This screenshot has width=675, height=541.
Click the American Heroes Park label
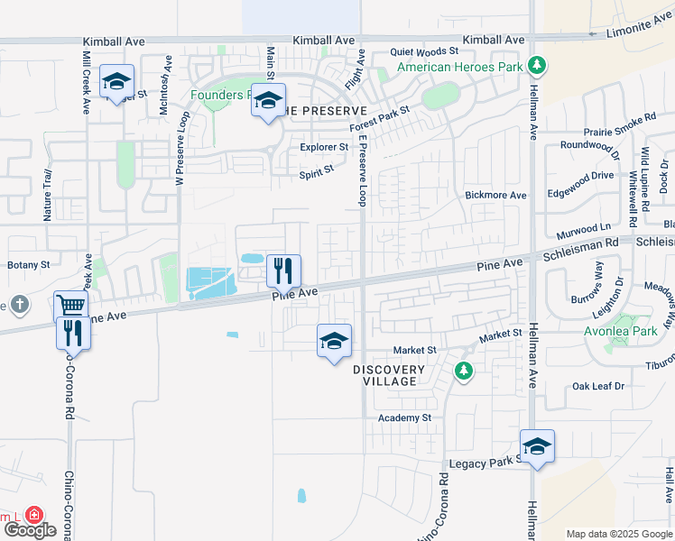(x=460, y=67)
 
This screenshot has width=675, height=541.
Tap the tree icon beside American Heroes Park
(x=537, y=65)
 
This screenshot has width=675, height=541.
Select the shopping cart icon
(x=70, y=305)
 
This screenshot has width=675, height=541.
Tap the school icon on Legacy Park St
(x=537, y=446)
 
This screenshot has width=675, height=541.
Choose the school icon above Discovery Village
(x=334, y=342)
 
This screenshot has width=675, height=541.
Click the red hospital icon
(x=34, y=515)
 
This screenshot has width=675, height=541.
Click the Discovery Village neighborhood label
(x=388, y=375)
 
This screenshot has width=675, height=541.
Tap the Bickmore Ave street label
(x=495, y=195)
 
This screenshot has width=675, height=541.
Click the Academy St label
(x=404, y=417)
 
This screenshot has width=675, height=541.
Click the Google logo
(x=29, y=530)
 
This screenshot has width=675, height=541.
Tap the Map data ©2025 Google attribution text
(x=619, y=534)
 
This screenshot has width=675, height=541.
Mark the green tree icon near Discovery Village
(x=464, y=370)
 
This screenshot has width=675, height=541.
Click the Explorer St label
(x=324, y=146)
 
